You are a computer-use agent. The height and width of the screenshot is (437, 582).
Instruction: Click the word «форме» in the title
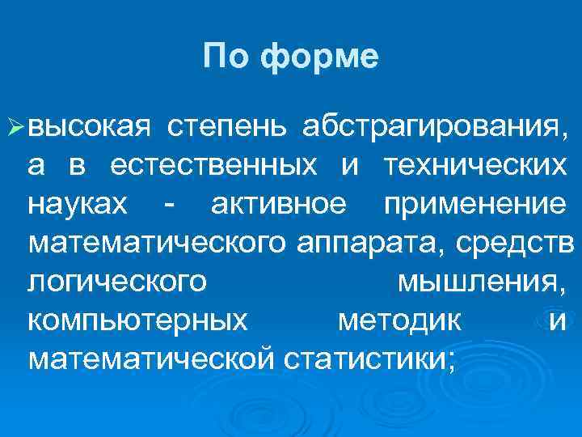321,57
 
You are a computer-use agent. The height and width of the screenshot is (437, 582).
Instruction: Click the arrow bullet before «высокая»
15,126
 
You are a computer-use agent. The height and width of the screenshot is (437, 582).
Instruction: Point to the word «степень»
226,127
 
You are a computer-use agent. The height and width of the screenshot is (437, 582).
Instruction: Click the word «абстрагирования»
429,127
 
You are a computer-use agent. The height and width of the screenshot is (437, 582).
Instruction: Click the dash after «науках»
167,206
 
